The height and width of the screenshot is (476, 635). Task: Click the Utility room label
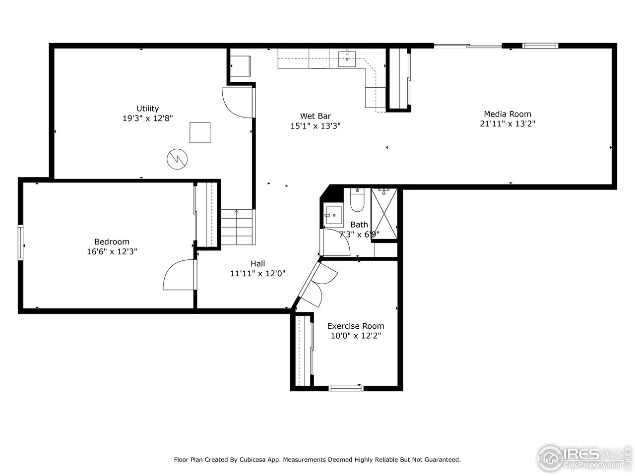click(148, 109)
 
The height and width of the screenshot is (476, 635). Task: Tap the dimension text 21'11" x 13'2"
click(508, 124)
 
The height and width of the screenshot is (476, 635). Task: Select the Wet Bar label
click(315, 117)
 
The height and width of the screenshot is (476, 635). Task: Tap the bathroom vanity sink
click(333, 215)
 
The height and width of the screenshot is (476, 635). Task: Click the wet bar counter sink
click(347, 58)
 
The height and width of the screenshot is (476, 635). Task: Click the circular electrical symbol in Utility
click(178, 159)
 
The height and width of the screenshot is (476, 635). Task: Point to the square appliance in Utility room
click(200, 132)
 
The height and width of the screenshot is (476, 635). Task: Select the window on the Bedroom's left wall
click(21, 242)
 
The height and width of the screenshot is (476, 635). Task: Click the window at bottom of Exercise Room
click(346, 388)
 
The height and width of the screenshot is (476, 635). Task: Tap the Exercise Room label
click(356, 326)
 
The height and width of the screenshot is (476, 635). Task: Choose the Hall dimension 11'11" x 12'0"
click(258, 273)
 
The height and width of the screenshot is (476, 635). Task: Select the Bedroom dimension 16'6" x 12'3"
click(112, 251)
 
